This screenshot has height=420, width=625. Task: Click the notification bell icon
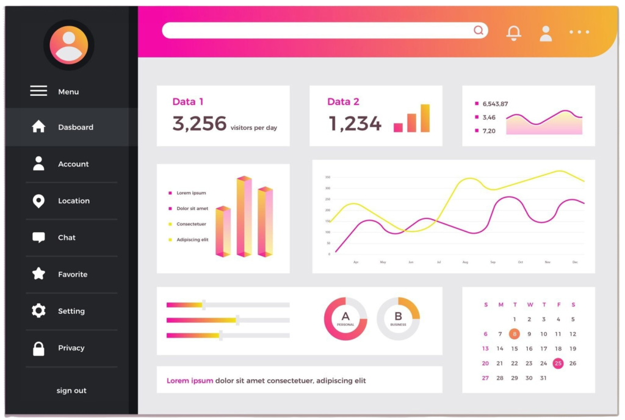514,33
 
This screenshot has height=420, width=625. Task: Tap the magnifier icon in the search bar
479,31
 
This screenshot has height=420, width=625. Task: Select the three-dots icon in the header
579,32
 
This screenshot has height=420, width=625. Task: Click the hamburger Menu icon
38,91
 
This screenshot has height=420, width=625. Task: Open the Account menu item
73,164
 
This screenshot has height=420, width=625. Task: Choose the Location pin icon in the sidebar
38,201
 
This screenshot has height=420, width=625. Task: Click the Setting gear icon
38,311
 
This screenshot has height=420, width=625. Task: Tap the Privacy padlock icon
38,348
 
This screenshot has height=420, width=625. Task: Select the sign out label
71,391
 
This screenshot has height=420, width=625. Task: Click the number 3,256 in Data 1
200,124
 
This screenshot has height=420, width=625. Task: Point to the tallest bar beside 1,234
425,118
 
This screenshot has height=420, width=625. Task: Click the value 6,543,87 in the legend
495,104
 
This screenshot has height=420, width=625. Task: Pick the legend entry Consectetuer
191,224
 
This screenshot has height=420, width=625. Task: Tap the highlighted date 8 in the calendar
515,334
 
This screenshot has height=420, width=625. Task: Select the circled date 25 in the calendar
558,363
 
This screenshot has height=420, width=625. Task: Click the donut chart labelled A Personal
345,319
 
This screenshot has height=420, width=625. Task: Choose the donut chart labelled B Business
398,319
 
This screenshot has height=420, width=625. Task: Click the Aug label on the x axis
465,262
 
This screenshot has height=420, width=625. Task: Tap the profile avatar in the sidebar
68,45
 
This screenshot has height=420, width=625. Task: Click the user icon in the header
546,33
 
